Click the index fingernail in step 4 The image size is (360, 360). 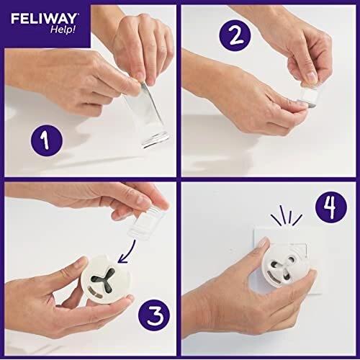click(261, 245)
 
